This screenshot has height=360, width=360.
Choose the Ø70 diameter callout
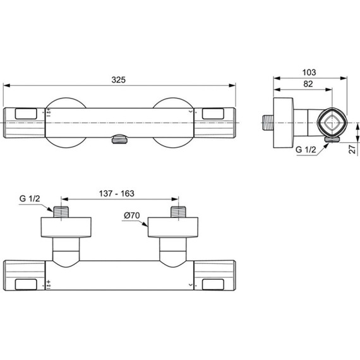click(x=131, y=215)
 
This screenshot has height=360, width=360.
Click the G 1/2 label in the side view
click(x=306, y=149)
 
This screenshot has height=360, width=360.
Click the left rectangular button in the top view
click(x=25, y=114)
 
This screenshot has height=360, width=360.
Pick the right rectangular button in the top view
click(x=213, y=114)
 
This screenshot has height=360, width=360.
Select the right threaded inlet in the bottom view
click(x=177, y=212)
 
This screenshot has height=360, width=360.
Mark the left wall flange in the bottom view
click(x=66, y=228)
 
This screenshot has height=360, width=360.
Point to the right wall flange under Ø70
click(x=172, y=228)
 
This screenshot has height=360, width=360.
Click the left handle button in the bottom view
click(x=26, y=284)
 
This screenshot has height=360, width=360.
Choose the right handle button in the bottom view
click(x=213, y=284)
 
